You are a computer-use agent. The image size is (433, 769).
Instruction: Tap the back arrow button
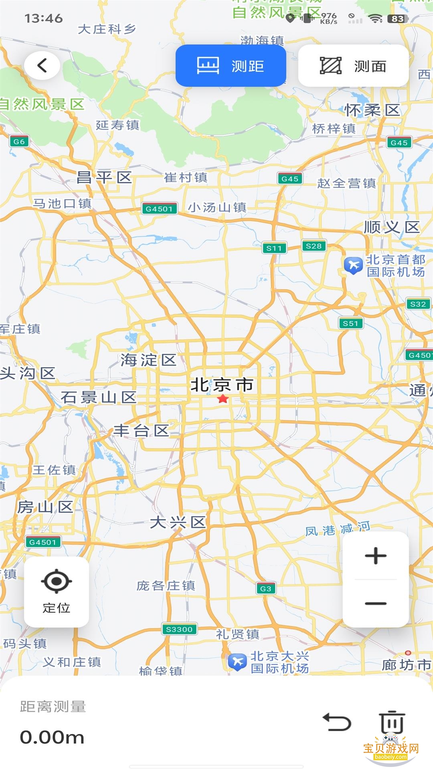[x=42, y=65]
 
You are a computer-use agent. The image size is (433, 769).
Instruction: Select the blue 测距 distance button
[x=231, y=66]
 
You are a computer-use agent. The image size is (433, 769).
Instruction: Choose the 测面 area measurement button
[x=353, y=66]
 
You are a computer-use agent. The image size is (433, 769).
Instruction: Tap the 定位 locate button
[x=57, y=591]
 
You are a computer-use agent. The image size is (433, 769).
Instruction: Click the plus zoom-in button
[x=376, y=556]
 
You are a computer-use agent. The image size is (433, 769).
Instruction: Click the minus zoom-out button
[x=376, y=603]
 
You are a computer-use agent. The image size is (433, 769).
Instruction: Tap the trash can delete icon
[x=392, y=723]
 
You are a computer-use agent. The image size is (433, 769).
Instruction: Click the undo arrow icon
[x=337, y=722]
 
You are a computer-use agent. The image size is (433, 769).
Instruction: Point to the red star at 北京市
[x=223, y=399]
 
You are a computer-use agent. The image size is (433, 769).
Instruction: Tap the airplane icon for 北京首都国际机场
[x=353, y=265]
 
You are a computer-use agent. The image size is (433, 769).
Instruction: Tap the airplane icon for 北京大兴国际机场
[x=237, y=662]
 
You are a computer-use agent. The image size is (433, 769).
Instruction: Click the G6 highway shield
[x=19, y=141]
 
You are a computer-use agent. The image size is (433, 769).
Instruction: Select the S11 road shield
[x=274, y=248]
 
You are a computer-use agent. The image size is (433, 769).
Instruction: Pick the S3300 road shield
[x=179, y=629]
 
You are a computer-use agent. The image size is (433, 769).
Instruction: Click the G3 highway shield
[x=266, y=588]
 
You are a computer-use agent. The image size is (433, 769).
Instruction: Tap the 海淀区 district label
[x=148, y=360]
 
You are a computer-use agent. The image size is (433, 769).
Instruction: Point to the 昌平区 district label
[x=104, y=177]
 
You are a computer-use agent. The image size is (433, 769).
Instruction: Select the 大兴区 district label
[x=178, y=522]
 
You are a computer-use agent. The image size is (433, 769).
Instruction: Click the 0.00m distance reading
[x=52, y=737]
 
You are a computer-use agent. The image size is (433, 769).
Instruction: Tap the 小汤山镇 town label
[x=217, y=207]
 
